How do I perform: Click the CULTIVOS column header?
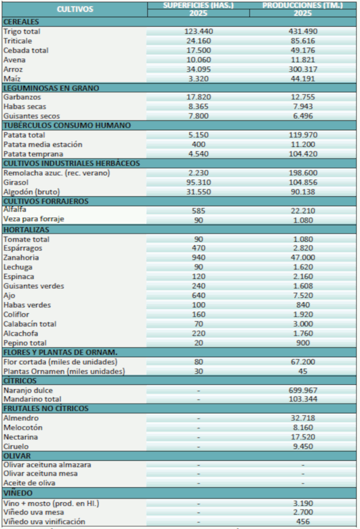point(75,9)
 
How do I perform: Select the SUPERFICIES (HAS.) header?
point(198,6)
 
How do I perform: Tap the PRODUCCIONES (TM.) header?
point(302,6)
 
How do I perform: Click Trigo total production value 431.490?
point(302,32)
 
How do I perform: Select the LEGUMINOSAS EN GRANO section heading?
point(50,88)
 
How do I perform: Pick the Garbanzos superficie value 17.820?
point(198,97)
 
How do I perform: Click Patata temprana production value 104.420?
point(302,154)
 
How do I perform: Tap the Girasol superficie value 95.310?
point(198,182)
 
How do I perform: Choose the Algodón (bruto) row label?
point(31,191)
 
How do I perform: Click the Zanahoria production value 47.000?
point(302,258)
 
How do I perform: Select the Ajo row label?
point(9,296)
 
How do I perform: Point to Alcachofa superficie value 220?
point(198,333)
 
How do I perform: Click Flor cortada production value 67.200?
point(302,362)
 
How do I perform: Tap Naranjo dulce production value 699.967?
point(302,390)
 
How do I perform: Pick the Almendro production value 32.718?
point(302,418)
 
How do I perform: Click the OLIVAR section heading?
point(17,456)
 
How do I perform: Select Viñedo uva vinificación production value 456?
point(302,521)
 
